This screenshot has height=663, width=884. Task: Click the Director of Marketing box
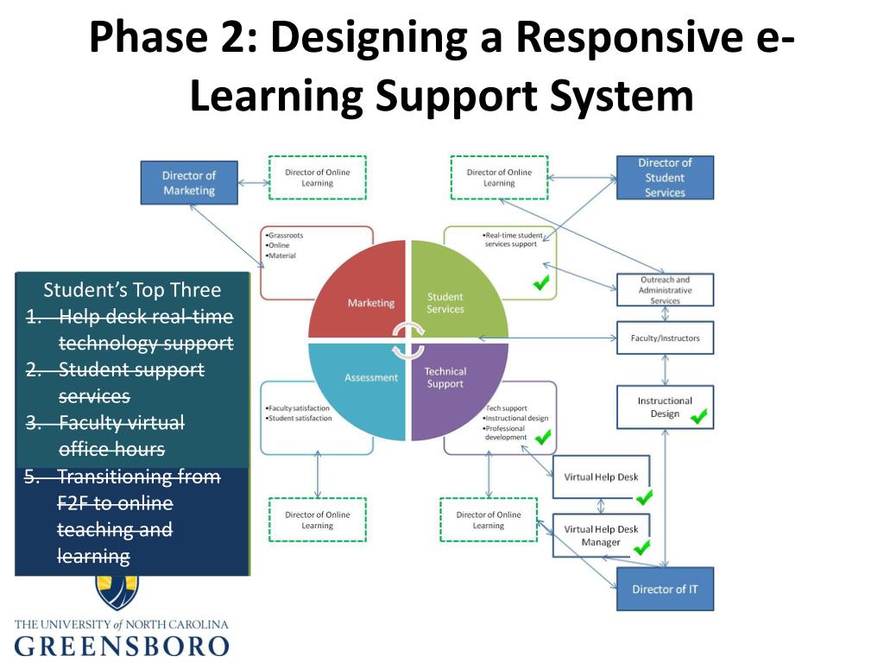(x=188, y=182)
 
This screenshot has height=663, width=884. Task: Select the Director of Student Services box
(x=665, y=177)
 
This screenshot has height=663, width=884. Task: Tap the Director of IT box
(x=665, y=589)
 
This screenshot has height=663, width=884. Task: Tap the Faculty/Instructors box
(x=665, y=338)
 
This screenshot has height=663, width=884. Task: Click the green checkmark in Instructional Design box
(x=698, y=417)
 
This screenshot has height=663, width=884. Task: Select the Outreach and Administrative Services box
(x=665, y=290)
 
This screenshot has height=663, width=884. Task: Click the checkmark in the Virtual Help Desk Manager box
(x=641, y=546)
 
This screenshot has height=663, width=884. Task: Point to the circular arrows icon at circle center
(x=407, y=338)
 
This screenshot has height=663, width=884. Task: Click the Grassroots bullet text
(x=287, y=235)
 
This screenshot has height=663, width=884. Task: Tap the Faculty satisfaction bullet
(x=299, y=408)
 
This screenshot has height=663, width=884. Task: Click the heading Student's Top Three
(x=132, y=289)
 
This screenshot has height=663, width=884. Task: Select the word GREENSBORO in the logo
(x=122, y=647)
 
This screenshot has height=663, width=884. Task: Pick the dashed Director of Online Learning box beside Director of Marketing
(x=317, y=177)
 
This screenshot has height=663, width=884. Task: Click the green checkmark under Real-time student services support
(x=542, y=282)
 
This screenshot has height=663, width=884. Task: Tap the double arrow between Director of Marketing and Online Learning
(x=253, y=182)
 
